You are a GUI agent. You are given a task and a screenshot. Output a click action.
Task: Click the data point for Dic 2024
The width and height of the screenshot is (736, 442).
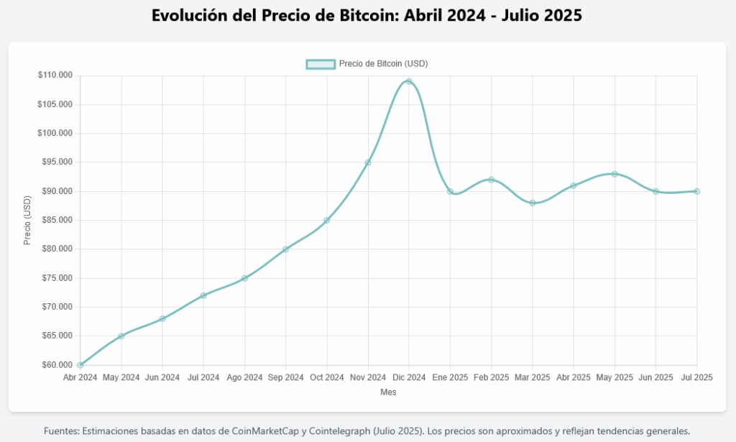click(409, 81)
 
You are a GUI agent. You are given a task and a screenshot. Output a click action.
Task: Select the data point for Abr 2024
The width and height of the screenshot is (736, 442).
click(80, 364)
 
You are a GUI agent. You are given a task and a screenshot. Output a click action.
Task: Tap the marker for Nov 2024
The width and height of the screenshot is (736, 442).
click(368, 162)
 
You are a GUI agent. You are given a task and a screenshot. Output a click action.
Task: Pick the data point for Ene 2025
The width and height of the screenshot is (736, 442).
click(450, 191)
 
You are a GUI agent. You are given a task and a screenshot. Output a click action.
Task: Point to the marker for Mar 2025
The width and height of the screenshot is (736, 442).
click(533, 203)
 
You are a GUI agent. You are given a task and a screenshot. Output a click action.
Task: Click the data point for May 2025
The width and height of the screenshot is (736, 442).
click(615, 174)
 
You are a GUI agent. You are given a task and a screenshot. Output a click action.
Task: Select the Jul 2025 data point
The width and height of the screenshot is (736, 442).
click(697, 191)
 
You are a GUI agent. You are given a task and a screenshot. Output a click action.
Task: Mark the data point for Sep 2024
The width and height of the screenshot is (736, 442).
click(285, 249)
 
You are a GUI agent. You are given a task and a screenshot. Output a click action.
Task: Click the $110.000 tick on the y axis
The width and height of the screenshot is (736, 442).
click(55, 75)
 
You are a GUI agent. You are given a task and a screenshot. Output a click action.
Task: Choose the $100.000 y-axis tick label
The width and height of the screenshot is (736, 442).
click(55, 133)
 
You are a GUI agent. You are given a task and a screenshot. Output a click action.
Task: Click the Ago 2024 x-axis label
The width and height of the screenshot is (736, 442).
click(244, 377)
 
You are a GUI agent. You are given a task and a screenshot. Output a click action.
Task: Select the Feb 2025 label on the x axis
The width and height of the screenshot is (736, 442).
click(492, 377)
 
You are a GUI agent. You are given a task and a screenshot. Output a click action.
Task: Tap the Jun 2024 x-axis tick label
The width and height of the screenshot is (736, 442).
click(162, 377)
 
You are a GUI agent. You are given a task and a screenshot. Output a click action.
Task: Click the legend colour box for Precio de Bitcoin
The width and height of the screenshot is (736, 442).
click(321, 63)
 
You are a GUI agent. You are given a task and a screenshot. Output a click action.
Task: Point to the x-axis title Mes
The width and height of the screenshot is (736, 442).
click(388, 392)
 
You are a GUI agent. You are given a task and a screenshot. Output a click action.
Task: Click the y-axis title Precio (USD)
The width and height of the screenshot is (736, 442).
click(27, 220)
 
